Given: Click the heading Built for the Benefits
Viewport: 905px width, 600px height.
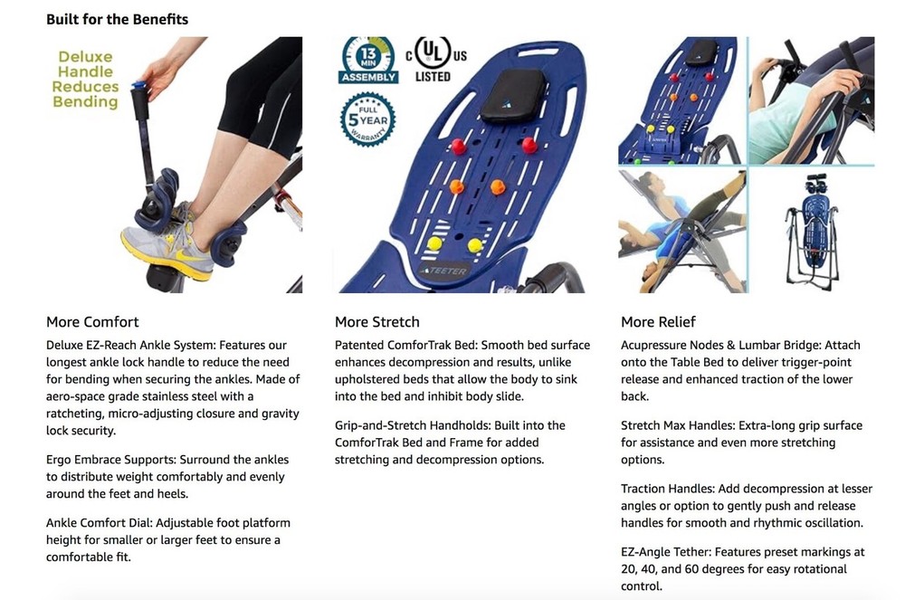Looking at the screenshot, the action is click(117, 19).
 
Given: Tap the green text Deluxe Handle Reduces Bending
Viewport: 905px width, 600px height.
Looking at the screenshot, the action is click(85, 79).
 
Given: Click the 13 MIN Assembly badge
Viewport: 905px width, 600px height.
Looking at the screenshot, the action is click(368, 61).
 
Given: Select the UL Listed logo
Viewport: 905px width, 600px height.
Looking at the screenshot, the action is click(436, 60).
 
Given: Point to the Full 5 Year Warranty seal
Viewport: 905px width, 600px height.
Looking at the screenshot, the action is click(367, 119).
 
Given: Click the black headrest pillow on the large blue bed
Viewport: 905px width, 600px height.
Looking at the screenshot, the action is click(513, 96).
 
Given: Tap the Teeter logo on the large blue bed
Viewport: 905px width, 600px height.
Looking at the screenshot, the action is click(443, 271).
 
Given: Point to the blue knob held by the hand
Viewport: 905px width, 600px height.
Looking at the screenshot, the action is click(138, 87).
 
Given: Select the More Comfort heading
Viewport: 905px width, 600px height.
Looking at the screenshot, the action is click(92, 322).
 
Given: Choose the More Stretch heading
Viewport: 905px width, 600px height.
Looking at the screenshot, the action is click(376, 322).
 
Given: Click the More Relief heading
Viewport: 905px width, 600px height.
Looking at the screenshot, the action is click(658, 322).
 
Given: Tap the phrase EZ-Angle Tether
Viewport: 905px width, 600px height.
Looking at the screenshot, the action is click(666, 551).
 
